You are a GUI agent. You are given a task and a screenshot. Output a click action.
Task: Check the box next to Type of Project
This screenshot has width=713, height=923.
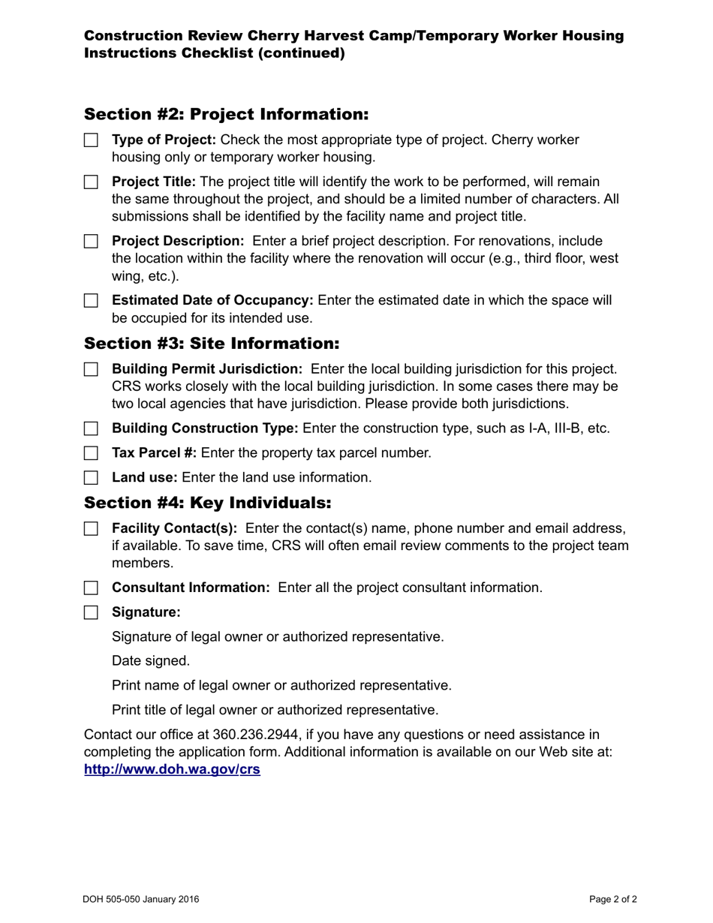91,140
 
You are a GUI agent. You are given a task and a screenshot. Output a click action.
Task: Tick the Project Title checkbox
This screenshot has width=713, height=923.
91,182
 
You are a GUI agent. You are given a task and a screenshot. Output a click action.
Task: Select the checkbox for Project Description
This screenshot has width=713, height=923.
91,242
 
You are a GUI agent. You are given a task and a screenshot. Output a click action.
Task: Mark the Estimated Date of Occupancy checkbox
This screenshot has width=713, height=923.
91,301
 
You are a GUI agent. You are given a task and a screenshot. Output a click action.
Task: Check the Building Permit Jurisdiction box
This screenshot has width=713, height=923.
91,369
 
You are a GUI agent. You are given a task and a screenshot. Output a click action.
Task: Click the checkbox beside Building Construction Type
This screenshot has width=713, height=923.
91,428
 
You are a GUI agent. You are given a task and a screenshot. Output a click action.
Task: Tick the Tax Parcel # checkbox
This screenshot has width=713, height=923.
91,453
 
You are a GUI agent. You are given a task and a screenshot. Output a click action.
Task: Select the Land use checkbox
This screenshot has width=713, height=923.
91,478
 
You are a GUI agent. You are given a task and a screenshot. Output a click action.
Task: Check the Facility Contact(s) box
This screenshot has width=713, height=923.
91,529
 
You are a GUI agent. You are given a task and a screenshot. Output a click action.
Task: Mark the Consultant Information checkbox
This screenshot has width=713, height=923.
91,588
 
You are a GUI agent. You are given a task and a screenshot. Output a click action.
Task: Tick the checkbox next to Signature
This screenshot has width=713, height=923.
91,612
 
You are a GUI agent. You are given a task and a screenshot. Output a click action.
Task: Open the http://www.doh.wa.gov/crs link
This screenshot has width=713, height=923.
172,769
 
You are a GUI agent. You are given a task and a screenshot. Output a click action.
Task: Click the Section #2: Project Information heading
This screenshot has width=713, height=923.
226,114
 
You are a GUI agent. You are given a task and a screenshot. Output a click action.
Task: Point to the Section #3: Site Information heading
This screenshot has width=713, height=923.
212,344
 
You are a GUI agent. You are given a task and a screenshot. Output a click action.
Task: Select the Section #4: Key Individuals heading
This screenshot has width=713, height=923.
207,502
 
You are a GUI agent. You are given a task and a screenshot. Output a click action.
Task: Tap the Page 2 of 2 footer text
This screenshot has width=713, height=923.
613,899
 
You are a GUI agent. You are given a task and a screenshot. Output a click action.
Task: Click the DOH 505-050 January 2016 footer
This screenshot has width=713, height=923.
141,899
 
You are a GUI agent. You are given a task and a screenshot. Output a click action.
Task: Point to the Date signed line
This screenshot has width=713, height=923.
151,661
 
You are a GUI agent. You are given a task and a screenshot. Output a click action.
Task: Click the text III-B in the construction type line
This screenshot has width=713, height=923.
566,428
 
